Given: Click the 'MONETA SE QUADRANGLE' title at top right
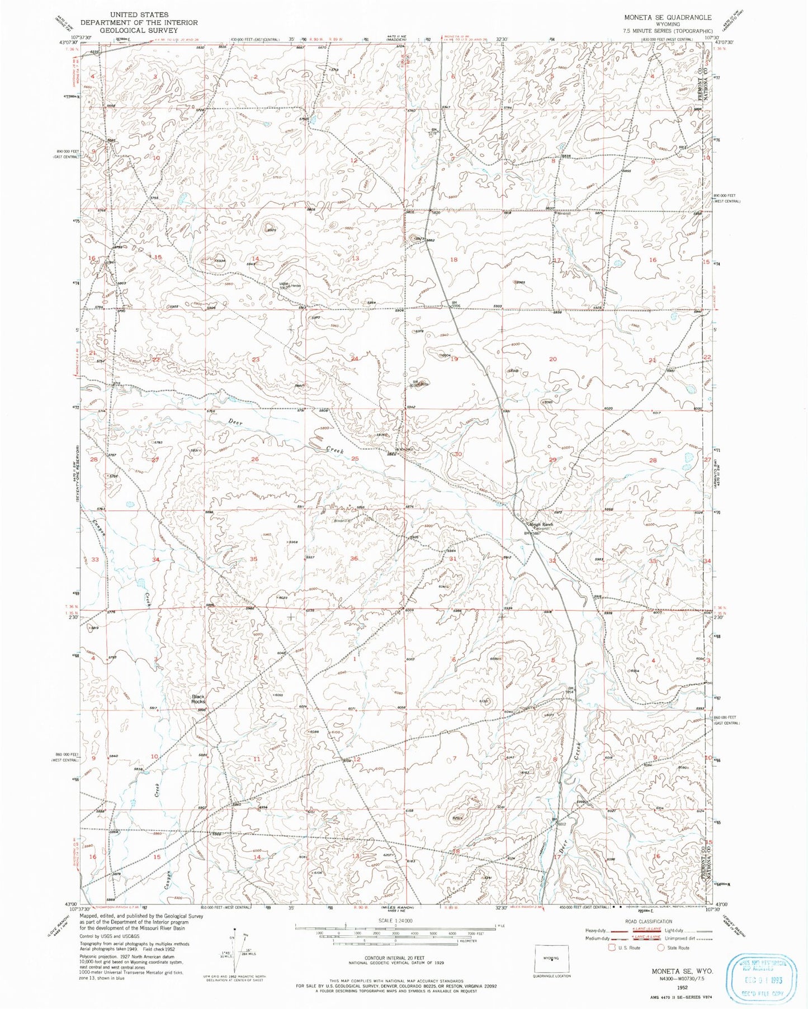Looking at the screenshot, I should tap(668, 17).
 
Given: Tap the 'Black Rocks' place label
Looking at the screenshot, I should tap(198, 699).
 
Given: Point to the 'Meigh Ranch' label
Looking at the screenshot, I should tap(541, 524).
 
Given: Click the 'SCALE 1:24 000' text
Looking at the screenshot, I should tap(395, 921).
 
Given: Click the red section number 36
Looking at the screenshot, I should tap(353, 559).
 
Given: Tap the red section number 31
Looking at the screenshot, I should tap(453, 559).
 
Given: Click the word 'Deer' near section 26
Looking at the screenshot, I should tap(235, 423).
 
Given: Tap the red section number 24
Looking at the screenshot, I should tap(353, 359).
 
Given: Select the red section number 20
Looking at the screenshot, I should tap(552, 359).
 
